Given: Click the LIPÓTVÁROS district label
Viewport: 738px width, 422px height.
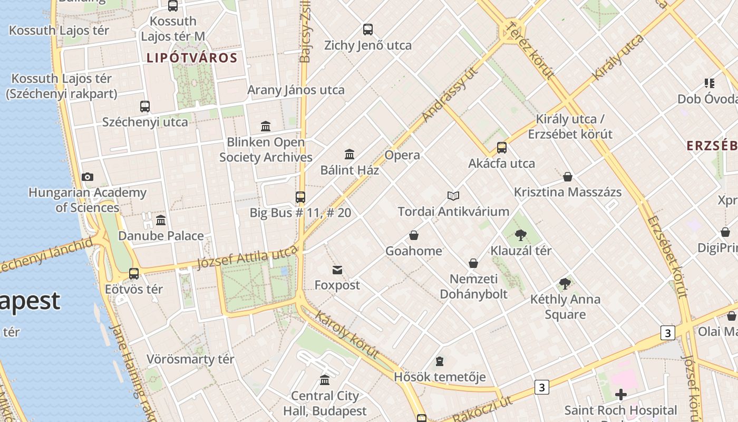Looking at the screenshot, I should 192,58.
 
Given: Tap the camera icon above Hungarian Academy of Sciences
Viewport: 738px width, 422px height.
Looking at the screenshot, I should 88,177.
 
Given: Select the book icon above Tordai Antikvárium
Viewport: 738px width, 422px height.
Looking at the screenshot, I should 453,196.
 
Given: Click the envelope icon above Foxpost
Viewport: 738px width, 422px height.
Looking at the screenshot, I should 337,270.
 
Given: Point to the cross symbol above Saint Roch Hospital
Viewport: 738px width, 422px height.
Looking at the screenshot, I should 620,394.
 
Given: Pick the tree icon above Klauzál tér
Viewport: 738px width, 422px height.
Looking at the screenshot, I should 521,235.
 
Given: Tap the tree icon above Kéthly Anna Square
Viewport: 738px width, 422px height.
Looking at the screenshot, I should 565,284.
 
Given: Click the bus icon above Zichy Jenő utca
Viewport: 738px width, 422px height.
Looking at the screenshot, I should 368,30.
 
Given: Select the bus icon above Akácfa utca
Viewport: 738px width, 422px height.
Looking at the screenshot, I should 502,148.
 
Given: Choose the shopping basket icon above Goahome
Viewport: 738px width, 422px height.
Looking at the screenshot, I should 414,235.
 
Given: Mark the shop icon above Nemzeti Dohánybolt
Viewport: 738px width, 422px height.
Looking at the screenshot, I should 473,263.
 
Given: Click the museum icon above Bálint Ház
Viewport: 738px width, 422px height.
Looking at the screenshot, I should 349,155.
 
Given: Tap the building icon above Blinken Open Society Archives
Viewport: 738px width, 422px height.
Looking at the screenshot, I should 266,127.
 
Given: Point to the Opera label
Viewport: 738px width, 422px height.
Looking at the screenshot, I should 402,155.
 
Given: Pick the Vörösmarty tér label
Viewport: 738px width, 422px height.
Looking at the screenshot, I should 190,360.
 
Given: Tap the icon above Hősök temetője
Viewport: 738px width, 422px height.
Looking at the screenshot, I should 440,362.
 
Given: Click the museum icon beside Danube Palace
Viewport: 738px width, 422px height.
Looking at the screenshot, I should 161,220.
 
